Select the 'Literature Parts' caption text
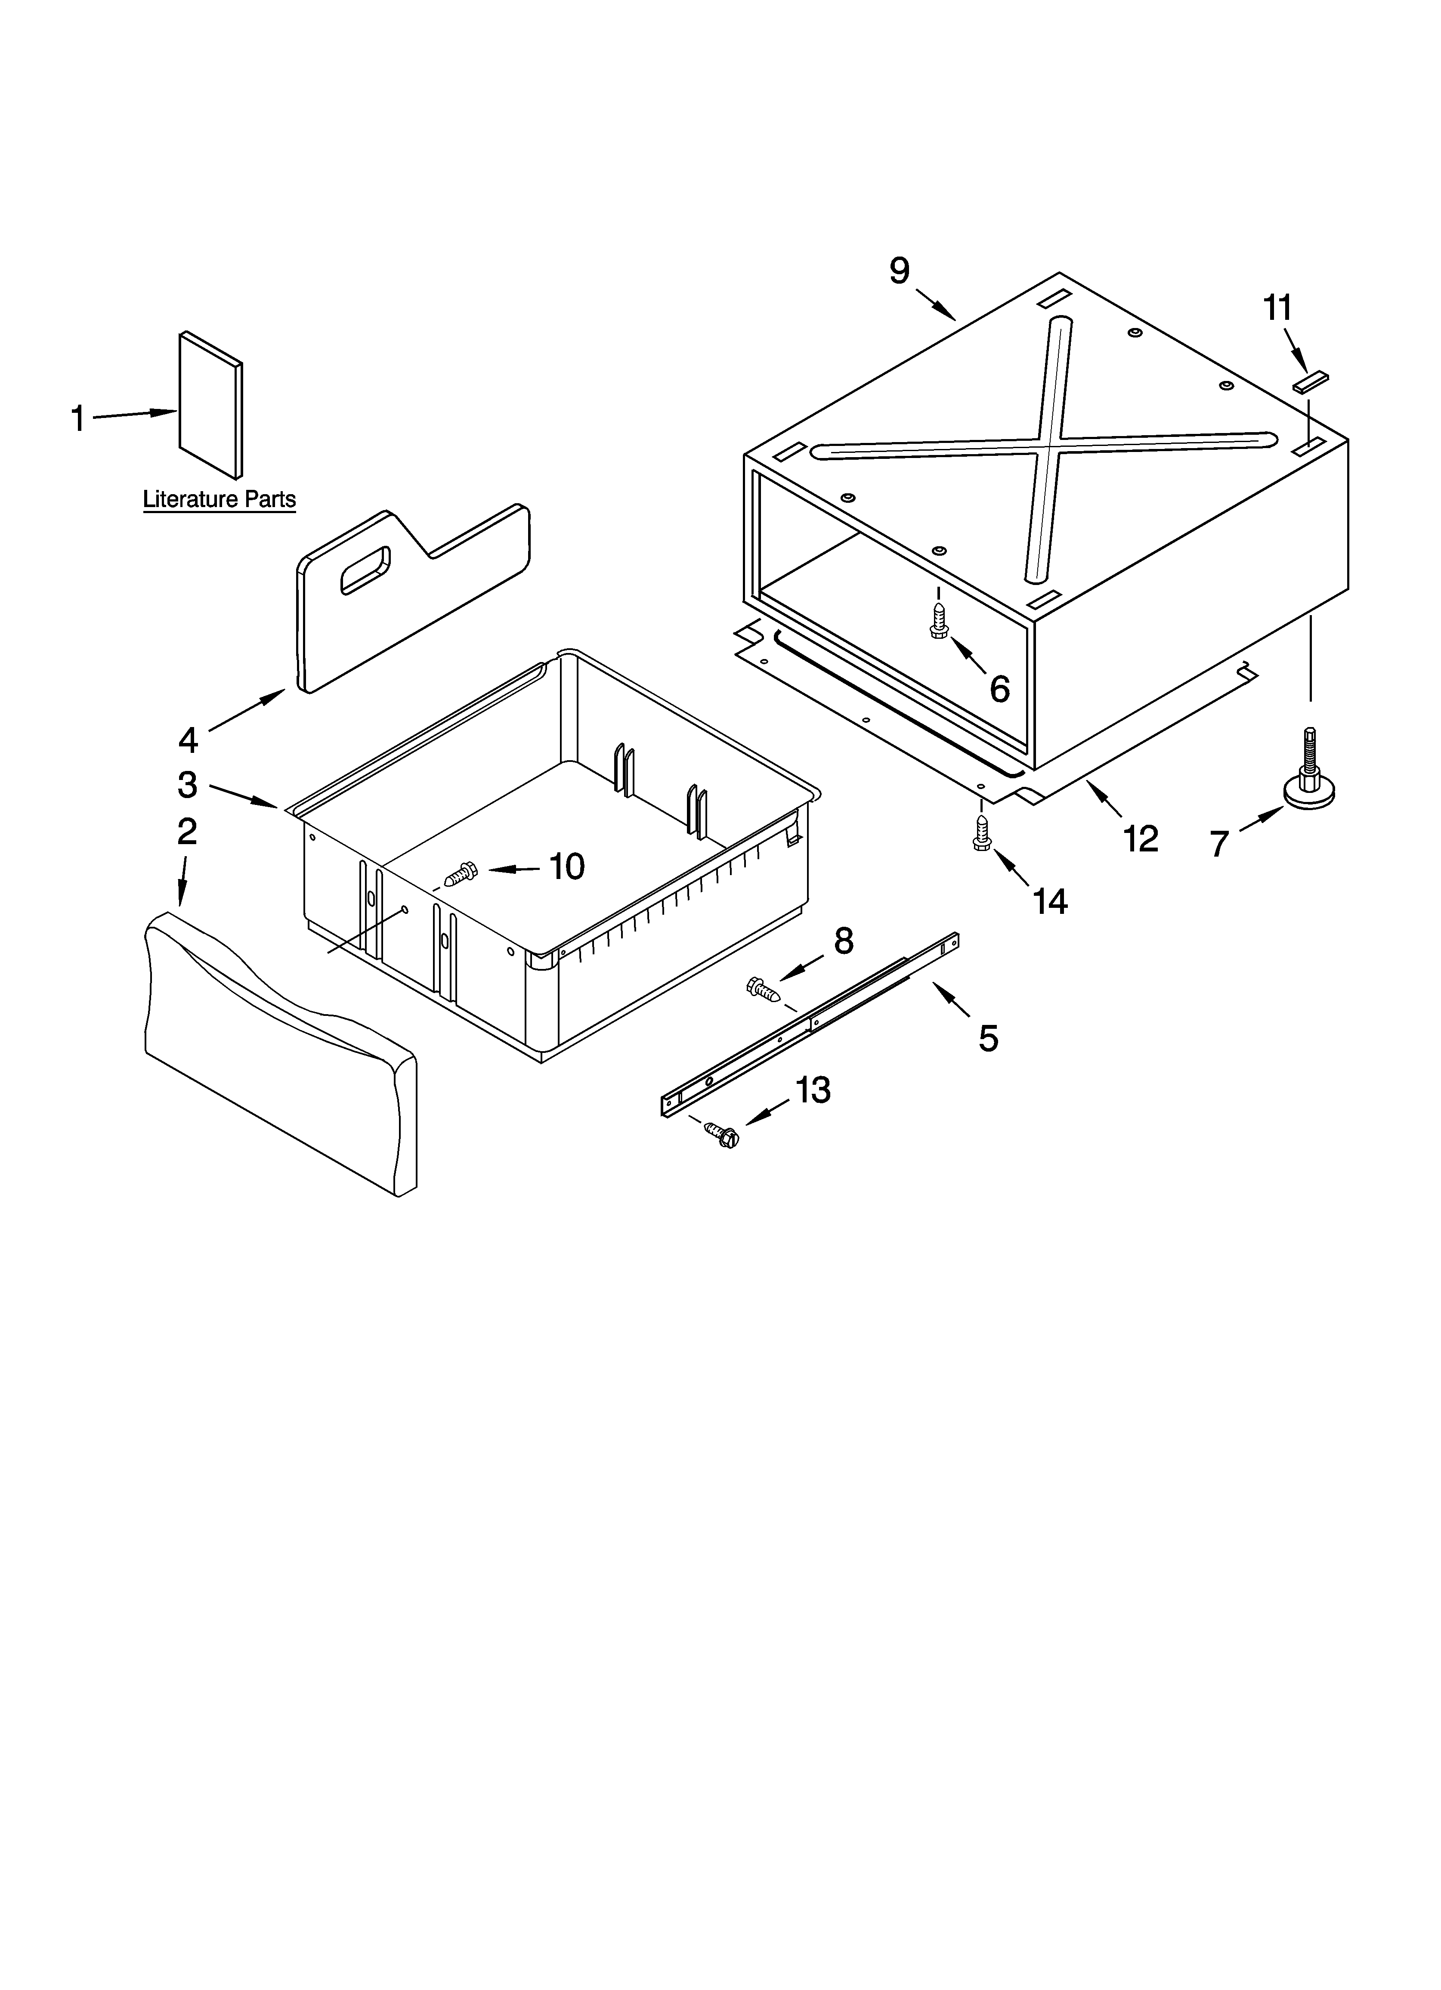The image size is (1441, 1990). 220,499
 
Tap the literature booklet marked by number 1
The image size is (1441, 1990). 210,405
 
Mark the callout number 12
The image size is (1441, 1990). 1141,839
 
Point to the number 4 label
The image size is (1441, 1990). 188,740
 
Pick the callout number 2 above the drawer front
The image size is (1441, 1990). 187,831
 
